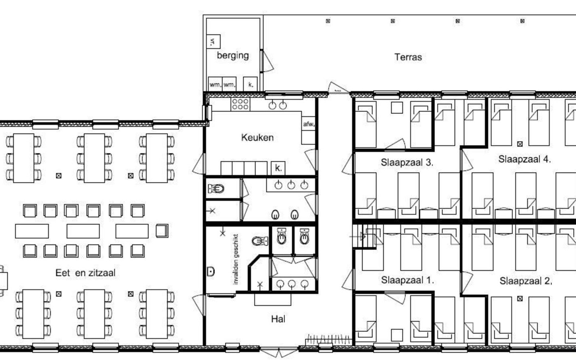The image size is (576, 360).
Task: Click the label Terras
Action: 408,57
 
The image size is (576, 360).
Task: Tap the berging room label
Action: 233,55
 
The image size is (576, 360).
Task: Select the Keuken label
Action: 257,137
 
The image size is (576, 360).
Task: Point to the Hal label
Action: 278,319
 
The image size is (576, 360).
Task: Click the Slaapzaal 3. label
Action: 407,162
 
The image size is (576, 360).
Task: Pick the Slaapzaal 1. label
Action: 407,280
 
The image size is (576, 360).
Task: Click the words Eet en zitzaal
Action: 85,273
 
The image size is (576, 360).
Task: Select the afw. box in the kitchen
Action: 308,124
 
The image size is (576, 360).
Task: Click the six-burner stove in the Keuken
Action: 240,104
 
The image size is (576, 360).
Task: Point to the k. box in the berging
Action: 250,84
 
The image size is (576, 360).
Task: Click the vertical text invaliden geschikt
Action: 236,259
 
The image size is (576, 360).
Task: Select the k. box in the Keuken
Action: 278,168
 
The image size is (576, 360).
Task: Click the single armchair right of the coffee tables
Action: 162,231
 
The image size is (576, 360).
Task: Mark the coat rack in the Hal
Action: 328,340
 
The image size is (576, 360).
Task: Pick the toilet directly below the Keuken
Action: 216,189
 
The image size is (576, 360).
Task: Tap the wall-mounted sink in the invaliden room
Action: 211,271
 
